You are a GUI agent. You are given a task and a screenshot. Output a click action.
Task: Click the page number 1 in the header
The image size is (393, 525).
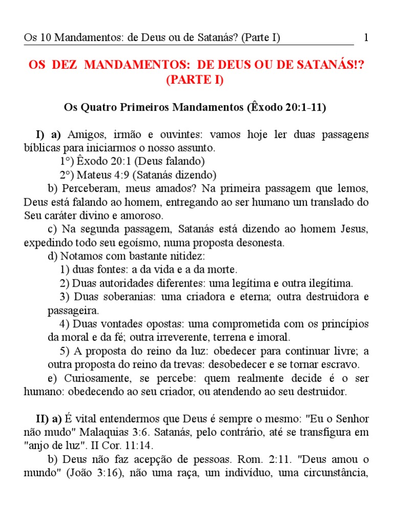click(366, 38)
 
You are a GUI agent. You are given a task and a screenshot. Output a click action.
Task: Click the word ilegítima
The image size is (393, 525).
click(327, 282)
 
